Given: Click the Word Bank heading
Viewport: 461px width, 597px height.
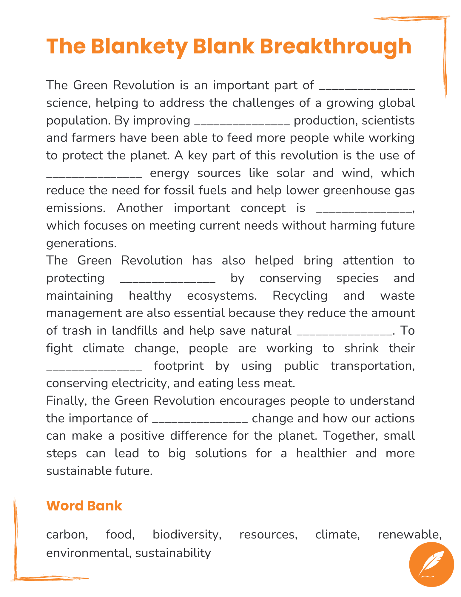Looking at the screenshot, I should [x=84, y=506].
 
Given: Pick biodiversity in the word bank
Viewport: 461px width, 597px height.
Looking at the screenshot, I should [x=187, y=534].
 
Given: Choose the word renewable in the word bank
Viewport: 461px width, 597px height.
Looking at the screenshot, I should [x=409, y=534].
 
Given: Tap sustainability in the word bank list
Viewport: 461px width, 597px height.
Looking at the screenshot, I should [x=173, y=553].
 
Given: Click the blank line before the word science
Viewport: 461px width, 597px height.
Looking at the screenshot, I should [x=367, y=88].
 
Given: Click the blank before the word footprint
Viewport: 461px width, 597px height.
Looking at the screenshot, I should [x=94, y=368].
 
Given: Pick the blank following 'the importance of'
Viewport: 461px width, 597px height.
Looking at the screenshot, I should [x=200, y=421].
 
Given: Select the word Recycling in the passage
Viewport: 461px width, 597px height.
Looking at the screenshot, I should [x=300, y=296].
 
